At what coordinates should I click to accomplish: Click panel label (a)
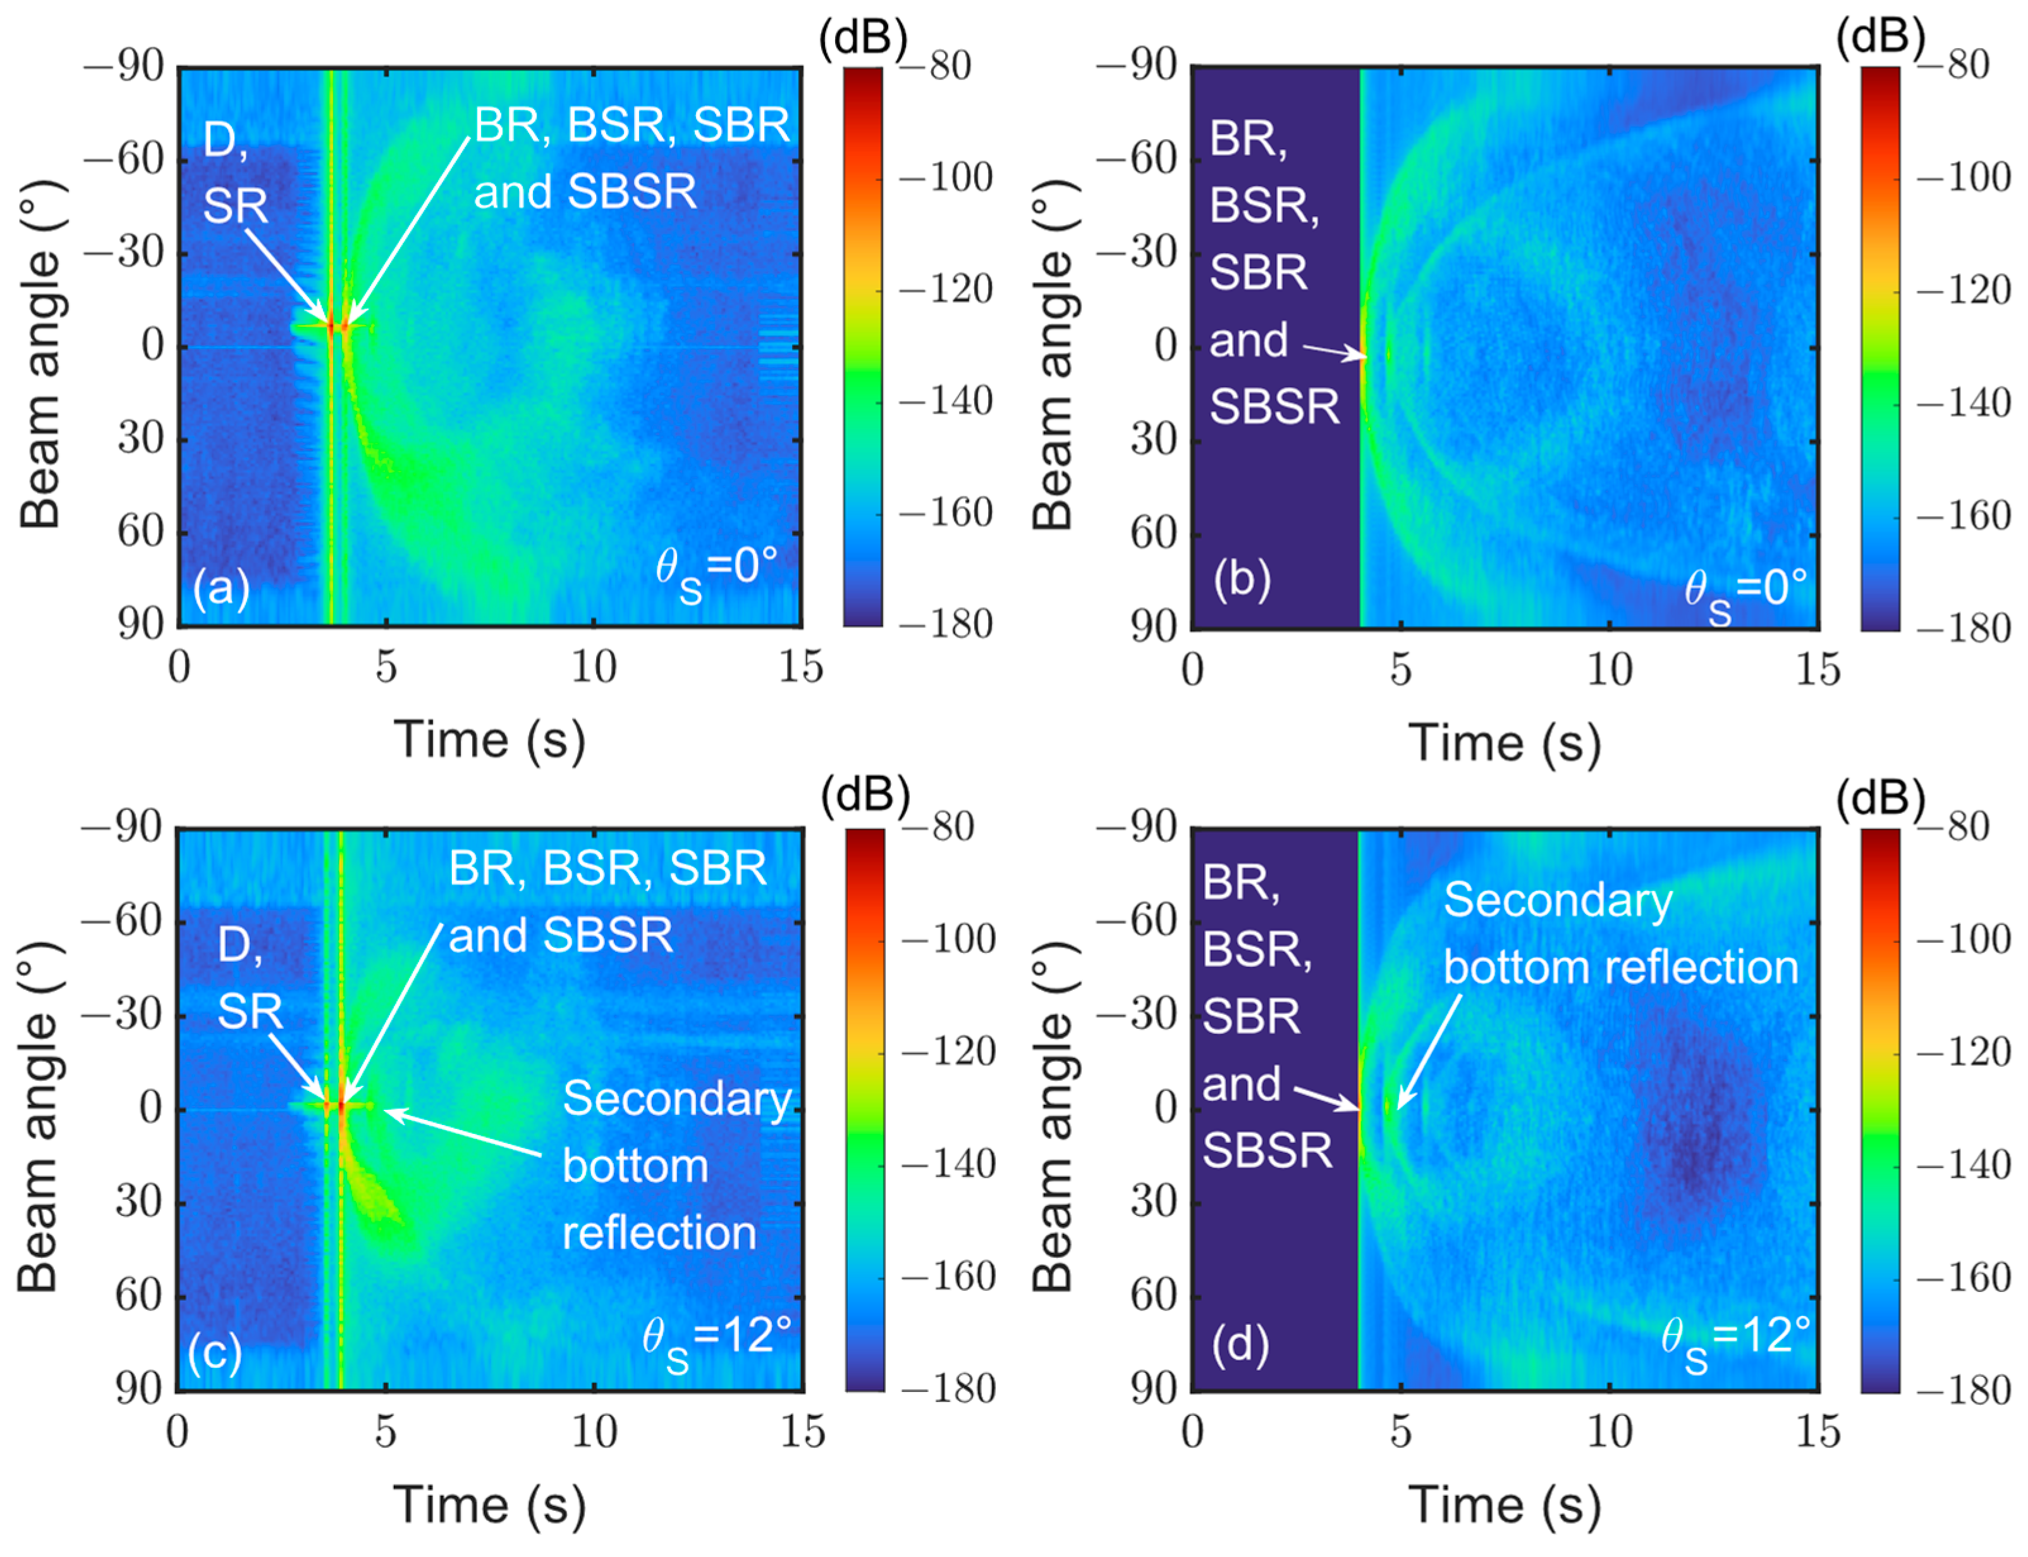tap(221, 588)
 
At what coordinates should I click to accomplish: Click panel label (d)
tap(1240, 1344)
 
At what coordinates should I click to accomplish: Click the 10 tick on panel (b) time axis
tap(1610, 669)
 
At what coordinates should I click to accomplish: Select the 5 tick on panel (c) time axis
tap(386, 1432)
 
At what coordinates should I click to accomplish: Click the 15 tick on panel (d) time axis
tap(1817, 1432)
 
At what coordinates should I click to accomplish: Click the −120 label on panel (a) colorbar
tap(945, 289)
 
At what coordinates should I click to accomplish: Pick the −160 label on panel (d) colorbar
tap(1963, 1278)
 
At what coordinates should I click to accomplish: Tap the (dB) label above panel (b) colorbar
tap(1880, 37)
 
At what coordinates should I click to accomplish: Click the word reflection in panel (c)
tap(659, 1234)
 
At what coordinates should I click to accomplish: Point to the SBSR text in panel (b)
tap(1274, 406)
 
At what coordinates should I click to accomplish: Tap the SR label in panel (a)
tap(235, 206)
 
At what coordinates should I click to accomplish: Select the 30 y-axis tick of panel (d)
tap(1152, 1202)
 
